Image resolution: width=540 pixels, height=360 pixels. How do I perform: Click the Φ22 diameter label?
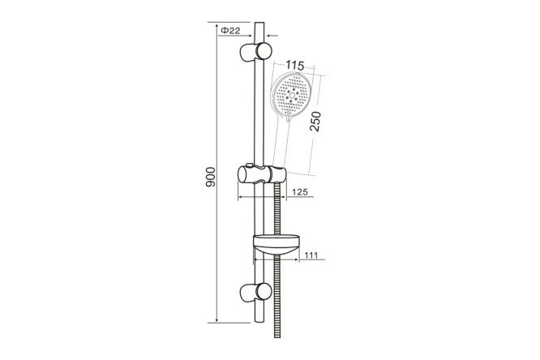(x=230, y=31)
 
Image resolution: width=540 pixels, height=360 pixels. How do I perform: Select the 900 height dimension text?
(x=210, y=177)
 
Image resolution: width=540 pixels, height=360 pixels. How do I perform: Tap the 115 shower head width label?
(x=295, y=65)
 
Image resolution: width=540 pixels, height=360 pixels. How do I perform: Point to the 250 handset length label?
(x=315, y=122)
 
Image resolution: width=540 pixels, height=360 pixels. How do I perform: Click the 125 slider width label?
(x=300, y=192)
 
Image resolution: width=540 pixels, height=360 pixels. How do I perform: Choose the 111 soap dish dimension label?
(x=311, y=255)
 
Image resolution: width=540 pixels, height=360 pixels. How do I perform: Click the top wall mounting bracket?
(x=255, y=52)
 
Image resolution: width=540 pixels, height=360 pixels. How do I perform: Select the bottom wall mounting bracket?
(x=255, y=293)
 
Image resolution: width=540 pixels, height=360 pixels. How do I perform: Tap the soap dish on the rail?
(x=276, y=246)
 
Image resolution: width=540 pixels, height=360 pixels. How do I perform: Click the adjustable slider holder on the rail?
(x=262, y=174)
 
